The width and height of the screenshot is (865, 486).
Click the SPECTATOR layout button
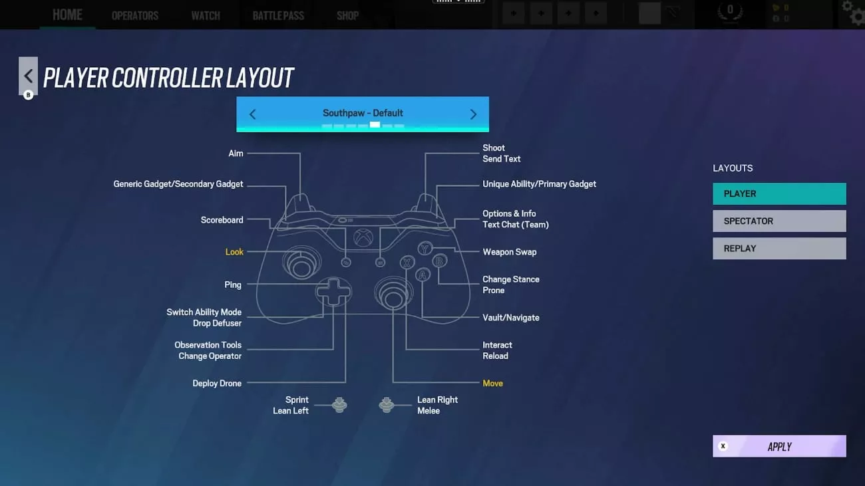coord(779,221)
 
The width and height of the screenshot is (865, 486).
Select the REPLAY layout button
coord(779,249)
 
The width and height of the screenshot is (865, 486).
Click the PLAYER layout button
coord(779,193)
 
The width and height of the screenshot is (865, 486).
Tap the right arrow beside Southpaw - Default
coord(473,114)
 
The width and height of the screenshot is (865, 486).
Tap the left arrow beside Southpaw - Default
coord(253,114)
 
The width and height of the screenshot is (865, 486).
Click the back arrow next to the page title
coord(28,76)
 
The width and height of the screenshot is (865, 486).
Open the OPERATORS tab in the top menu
coord(135,16)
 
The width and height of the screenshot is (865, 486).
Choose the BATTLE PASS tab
coord(278,16)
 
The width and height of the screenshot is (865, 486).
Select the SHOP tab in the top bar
coord(347,16)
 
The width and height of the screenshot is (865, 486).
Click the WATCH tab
coord(206,16)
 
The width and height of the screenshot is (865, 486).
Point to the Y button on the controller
coord(425,249)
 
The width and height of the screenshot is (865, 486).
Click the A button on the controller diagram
coord(423,275)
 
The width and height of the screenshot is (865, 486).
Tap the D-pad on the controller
coord(333,292)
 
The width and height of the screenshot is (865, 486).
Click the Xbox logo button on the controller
coord(363,237)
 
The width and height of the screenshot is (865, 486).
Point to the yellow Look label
coord(234,252)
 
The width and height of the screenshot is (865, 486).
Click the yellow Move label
coord(493,384)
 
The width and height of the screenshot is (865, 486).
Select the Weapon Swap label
coord(509,252)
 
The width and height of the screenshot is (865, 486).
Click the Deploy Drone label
coord(217,384)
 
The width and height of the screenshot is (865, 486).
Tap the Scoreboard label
coord(222,220)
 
